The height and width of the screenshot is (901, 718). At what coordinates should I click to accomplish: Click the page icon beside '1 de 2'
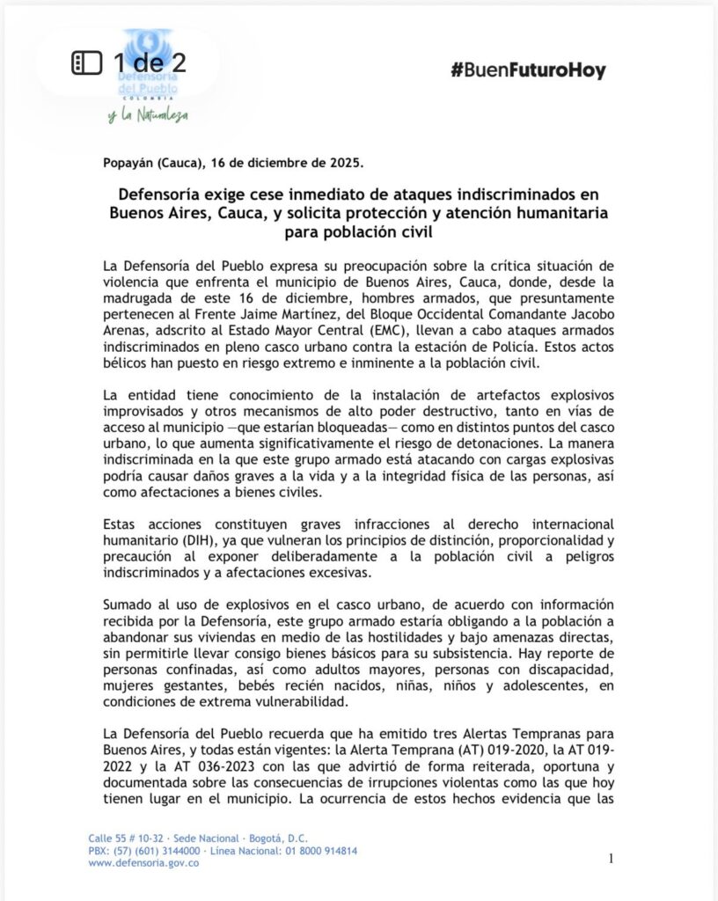[x=87, y=63]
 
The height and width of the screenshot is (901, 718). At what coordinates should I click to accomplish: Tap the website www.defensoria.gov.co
[x=143, y=863]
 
